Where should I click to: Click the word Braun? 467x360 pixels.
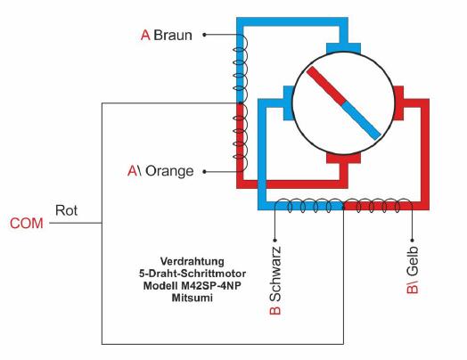point(173,35)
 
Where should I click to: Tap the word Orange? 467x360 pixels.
point(169,171)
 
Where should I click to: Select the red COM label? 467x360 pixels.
point(27,224)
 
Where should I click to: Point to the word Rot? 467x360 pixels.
point(67,210)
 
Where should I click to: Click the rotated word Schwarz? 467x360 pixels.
point(274,274)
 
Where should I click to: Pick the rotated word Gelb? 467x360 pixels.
point(413,261)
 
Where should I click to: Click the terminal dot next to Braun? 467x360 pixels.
point(204,35)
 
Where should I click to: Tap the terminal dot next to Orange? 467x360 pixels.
point(204,171)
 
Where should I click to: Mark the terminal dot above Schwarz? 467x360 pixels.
point(274,240)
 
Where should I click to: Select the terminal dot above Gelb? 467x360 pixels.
point(413,240)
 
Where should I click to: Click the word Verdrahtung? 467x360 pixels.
point(193,261)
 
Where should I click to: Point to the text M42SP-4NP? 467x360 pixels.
point(211,286)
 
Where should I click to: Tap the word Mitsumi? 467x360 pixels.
point(193,298)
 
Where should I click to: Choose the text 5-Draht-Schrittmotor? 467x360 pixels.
point(193,274)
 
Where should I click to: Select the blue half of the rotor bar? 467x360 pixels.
point(361,120)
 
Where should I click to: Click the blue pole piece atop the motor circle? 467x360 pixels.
point(343,47)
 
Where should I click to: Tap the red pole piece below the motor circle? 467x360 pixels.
point(343,158)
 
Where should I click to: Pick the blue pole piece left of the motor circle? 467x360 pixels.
point(288,103)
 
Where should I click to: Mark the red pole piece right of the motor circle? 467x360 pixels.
point(398,103)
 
